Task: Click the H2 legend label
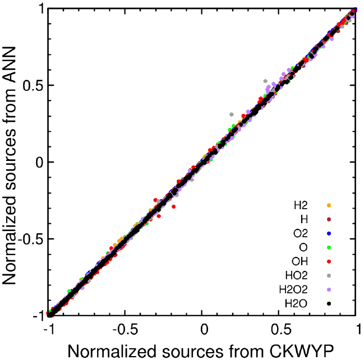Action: tap(301, 204)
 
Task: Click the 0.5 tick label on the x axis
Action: tap(280, 330)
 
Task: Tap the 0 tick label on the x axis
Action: tap(204, 330)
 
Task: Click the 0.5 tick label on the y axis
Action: tap(32, 86)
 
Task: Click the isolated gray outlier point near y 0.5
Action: tap(265, 81)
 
